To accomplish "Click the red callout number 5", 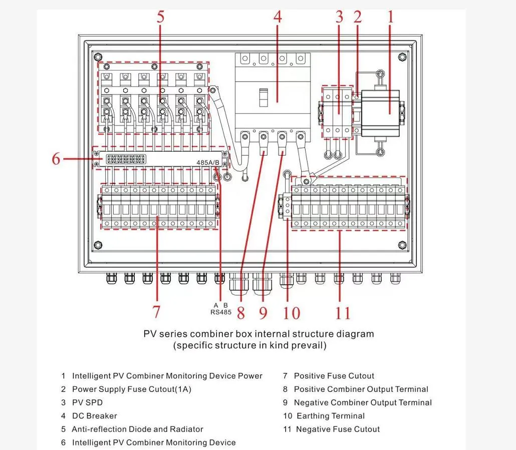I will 160,17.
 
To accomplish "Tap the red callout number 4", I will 278,17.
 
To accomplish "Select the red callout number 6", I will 56,159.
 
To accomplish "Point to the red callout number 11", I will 343,313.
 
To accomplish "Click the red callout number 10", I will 291,313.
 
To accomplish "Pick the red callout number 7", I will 156,312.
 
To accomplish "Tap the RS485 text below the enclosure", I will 221,312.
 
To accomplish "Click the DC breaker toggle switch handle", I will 263,97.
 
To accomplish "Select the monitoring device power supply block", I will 381,110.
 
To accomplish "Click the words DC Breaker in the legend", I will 94,416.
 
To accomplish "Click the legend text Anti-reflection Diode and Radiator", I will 137,429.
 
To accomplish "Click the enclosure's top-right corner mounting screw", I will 401,57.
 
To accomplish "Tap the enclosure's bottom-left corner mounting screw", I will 99,245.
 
